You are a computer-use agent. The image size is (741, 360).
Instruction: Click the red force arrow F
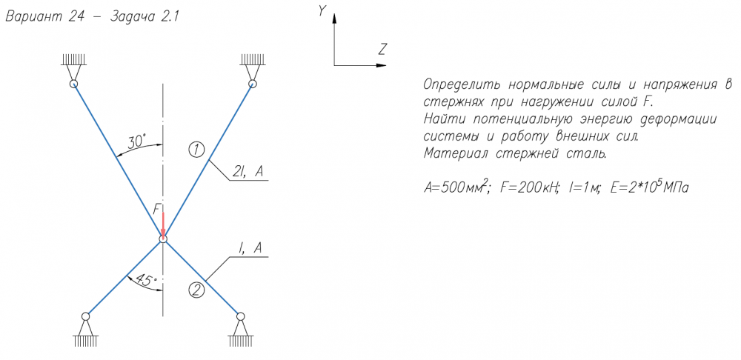[x=163, y=225]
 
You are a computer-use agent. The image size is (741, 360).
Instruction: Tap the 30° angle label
[x=137, y=140]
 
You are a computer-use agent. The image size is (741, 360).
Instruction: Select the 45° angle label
[x=145, y=280]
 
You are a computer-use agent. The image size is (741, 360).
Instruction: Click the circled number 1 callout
[x=196, y=150]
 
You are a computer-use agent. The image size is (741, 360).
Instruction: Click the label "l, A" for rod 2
[x=250, y=249]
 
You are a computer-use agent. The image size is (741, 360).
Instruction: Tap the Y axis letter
[x=322, y=11]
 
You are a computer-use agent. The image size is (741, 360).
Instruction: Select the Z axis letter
[x=383, y=48]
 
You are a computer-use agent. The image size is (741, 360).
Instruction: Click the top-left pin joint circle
[x=73, y=84]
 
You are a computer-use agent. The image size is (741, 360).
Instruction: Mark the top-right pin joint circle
[x=253, y=84]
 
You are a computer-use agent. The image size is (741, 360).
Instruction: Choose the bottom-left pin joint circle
[x=85, y=316]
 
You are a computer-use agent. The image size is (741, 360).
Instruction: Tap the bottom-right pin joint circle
[x=241, y=316]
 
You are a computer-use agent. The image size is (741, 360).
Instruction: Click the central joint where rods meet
[x=163, y=239]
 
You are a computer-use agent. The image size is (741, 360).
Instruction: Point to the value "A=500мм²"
[x=455, y=188]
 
